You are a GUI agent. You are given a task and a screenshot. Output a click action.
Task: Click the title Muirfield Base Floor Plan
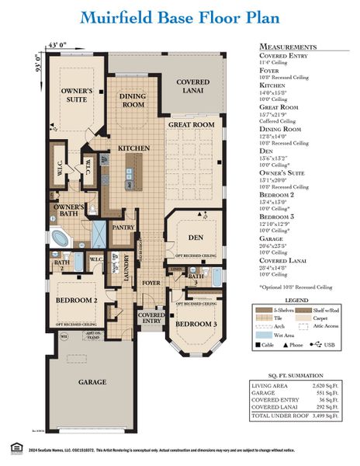pos(179,17)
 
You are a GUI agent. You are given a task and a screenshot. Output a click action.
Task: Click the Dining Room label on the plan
pos(133,99)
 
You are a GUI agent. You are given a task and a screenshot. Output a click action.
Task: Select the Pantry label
pos(123,228)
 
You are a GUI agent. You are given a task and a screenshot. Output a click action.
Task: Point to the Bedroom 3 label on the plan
pos(193,323)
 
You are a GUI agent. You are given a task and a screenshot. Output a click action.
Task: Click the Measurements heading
pos(288,47)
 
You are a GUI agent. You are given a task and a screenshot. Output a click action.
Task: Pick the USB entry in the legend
pos(330,345)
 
